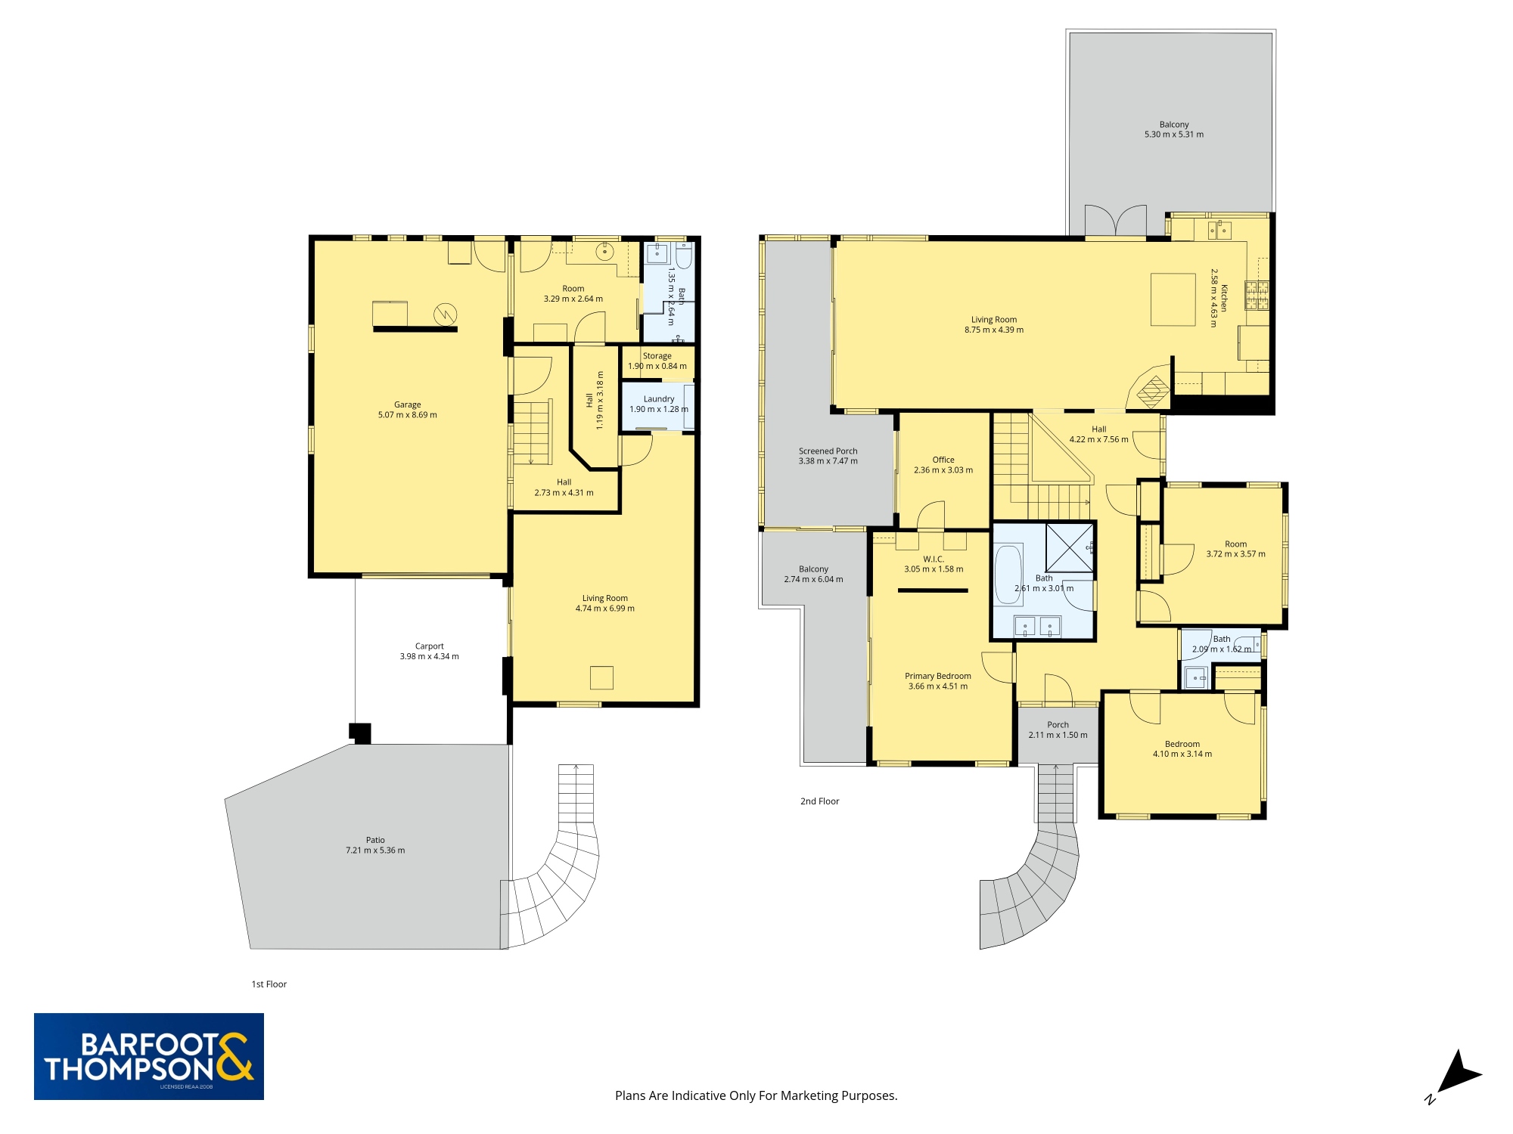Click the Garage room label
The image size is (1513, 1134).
tap(407, 404)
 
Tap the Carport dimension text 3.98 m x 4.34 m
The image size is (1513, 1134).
tap(429, 656)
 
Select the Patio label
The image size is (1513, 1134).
tap(375, 840)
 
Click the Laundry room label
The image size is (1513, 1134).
tap(658, 399)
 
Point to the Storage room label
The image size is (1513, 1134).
tap(657, 356)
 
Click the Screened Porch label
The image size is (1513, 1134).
tap(828, 451)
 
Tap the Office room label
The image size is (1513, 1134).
tap(943, 460)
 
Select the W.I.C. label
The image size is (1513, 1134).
tap(934, 559)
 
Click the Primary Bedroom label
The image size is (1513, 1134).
tap(937, 677)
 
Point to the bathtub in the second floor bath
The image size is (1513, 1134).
tap(1008, 575)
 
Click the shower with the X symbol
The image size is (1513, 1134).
tap(1069, 547)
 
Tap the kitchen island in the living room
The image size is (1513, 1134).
tap(1173, 299)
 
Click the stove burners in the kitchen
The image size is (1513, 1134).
tap(1257, 295)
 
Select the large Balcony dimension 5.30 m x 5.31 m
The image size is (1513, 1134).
tap(1173, 135)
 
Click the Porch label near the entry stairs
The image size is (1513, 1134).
tap(1058, 725)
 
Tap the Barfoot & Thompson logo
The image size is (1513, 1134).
tap(149, 1056)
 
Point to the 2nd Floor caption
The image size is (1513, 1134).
tap(819, 801)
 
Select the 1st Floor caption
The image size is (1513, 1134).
tap(269, 984)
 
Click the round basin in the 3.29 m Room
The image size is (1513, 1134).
tap(604, 252)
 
